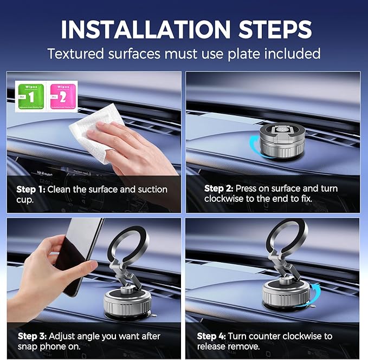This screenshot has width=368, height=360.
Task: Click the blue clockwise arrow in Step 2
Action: pyautogui.click(x=247, y=146)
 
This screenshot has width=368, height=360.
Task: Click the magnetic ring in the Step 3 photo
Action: pyautogui.click(x=126, y=248)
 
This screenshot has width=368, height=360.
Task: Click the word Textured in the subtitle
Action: pyautogui.click(x=76, y=54)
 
